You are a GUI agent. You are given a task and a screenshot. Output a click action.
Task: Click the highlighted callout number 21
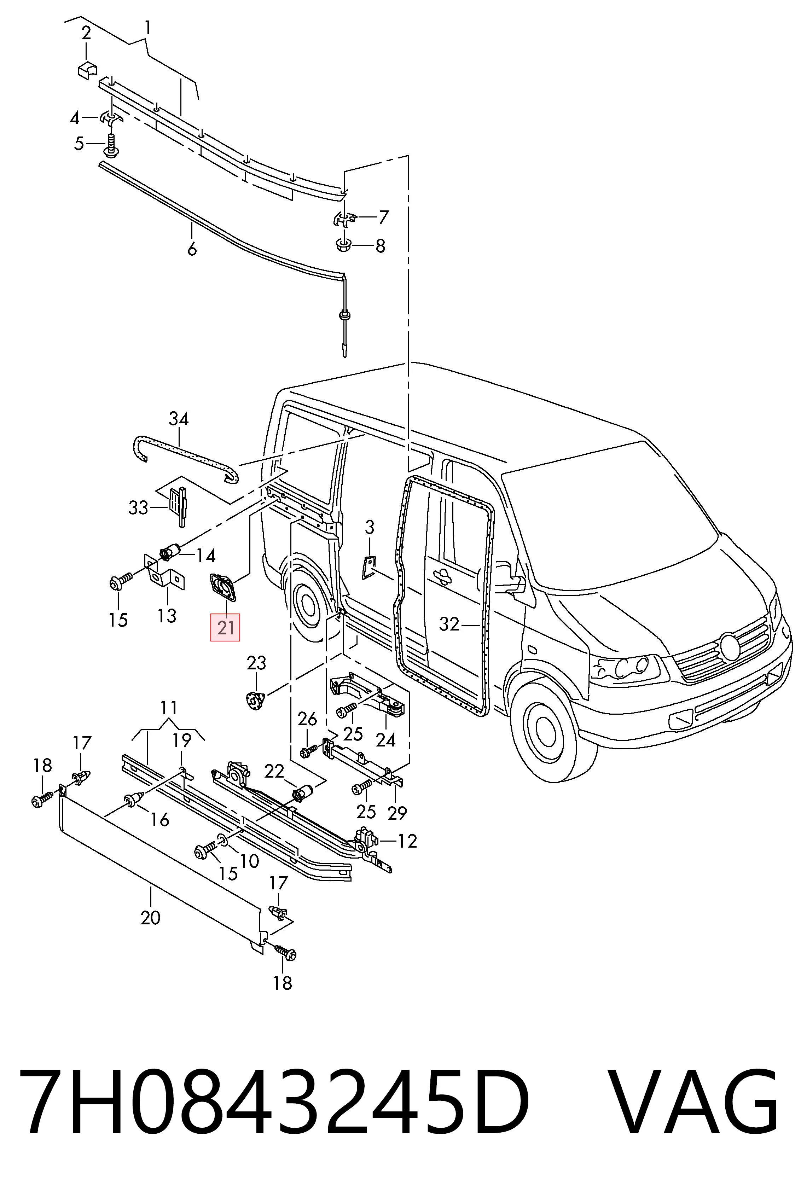point(225,627)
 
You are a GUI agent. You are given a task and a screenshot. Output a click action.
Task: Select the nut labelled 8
point(345,245)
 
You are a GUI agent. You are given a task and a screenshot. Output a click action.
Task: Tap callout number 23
point(256,663)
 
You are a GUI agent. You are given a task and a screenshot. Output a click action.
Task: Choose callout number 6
point(192,249)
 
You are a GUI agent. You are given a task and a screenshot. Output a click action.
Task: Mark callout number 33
point(138,508)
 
